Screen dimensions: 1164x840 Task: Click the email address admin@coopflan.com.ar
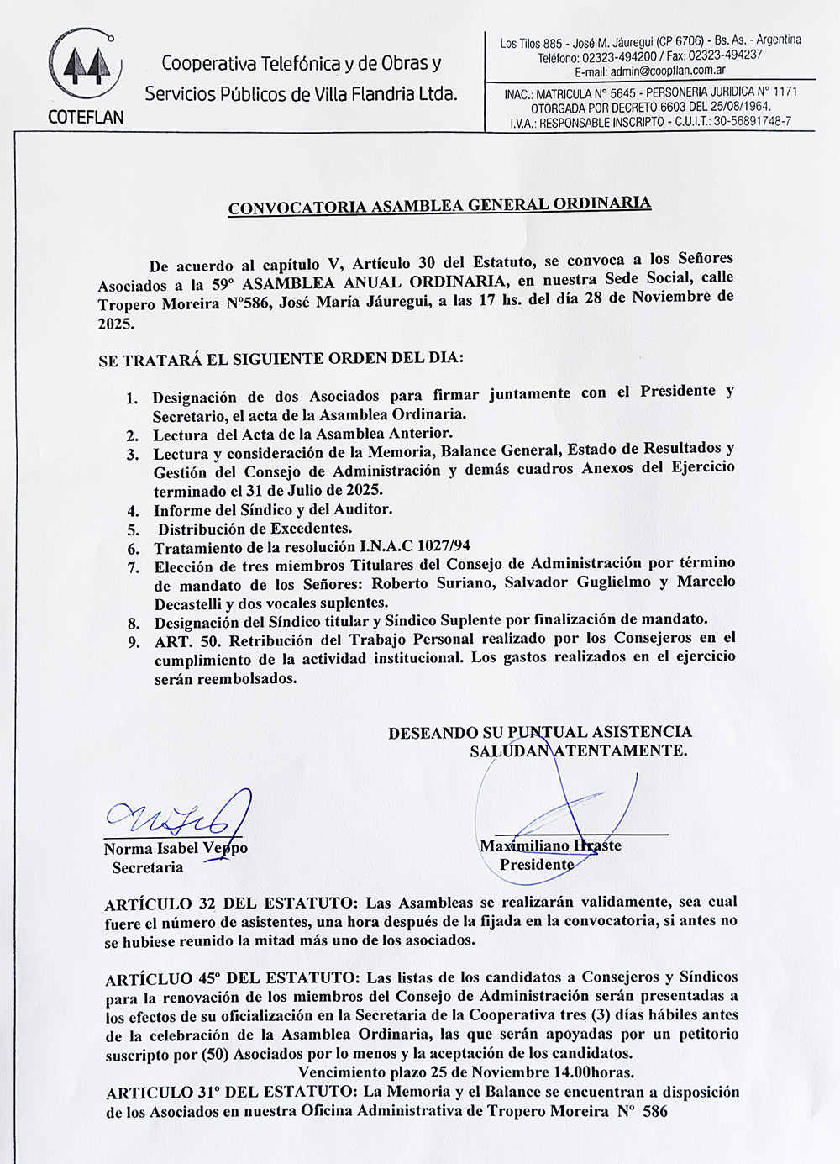[668, 71]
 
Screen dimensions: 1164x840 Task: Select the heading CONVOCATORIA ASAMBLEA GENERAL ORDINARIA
[439, 205]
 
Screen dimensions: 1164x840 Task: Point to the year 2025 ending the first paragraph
[115, 324]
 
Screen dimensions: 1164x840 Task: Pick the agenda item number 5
[133, 529]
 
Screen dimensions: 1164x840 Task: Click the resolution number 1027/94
[444, 546]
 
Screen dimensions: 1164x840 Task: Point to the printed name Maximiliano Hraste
[550, 845]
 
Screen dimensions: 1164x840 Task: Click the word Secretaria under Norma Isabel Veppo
[148, 867]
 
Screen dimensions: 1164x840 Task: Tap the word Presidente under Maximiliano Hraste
[537, 864]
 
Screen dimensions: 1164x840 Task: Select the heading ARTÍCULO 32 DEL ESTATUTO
[232, 904]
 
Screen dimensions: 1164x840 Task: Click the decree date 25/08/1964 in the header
[738, 107]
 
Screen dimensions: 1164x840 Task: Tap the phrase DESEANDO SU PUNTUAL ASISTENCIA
[540, 732]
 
